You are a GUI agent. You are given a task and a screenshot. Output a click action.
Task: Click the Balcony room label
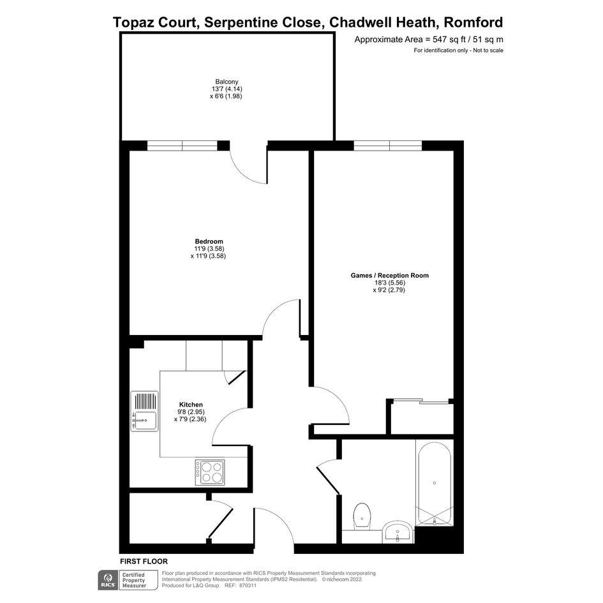tap(227, 82)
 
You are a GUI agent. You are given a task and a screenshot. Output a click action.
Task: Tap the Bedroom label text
tap(209, 241)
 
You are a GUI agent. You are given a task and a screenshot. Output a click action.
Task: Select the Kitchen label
tap(191, 405)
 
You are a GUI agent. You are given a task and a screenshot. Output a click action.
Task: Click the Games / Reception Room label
tap(390, 276)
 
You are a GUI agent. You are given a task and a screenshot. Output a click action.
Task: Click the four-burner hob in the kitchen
tap(209, 472)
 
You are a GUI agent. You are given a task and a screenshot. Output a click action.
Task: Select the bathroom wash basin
tap(398, 532)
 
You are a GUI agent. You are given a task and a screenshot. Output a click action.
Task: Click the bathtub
tap(435, 483)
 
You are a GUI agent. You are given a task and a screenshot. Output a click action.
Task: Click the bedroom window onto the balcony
tap(182, 145)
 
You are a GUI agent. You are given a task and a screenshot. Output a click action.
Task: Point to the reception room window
tap(388, 145)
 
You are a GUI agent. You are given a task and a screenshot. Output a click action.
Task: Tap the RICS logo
tap(108, 580)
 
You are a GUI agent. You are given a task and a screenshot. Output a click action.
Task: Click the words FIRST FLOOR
tap(144, 562)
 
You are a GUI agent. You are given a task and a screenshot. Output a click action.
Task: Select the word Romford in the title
tap(473, 22)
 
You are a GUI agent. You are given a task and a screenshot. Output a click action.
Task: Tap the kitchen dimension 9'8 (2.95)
tap(192, 412)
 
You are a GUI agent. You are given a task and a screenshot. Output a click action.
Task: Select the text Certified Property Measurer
tap(134, 580)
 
